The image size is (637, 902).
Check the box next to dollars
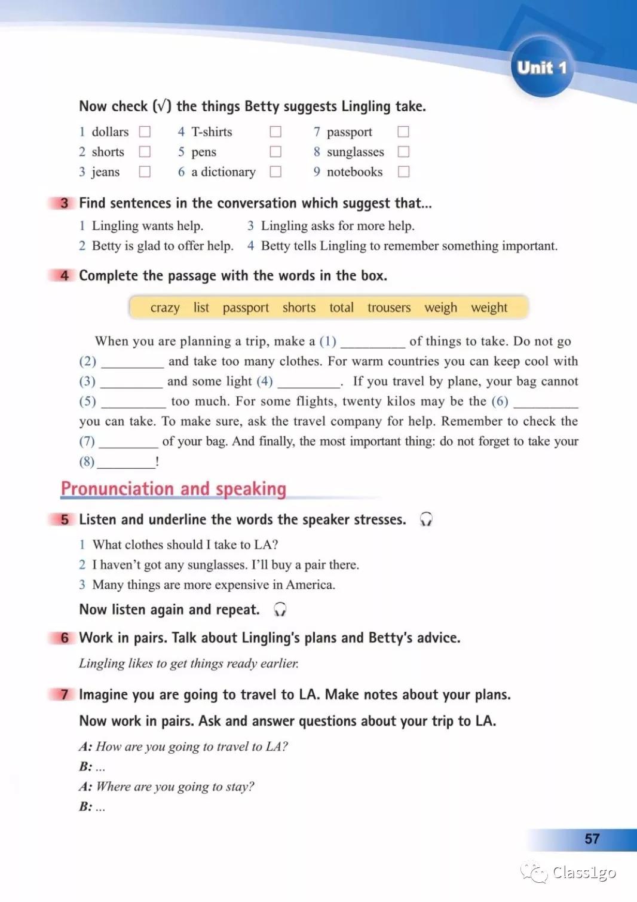point(145,132)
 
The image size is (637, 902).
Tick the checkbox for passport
point(403,132)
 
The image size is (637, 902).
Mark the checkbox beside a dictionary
point(275,172)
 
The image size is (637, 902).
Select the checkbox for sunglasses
point(403,152)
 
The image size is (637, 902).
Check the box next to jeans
point(145,172)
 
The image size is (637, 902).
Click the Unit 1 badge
point(541,68)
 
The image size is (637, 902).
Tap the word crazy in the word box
point(165,308)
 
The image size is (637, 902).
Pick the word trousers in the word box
point(389,308)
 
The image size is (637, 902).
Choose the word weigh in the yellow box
point(440,308)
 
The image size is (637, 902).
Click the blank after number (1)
point(372,343)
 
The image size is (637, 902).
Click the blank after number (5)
point(133,402)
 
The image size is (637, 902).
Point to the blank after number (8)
point(126,462)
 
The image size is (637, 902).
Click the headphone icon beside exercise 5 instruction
point(425,519)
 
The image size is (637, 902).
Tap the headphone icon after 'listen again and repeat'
point(280,610)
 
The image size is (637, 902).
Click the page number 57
point(592,839)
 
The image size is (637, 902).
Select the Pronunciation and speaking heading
point(173,489)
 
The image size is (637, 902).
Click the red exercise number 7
point(65,695)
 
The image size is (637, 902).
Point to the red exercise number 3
point(65,203)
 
